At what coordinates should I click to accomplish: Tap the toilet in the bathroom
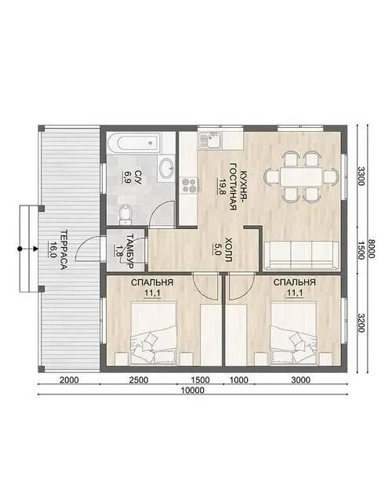tap(125, 214)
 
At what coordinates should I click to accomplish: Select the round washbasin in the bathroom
tap(167, 168)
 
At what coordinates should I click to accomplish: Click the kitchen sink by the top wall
tap(210, 141)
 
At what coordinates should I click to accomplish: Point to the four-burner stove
tap(189, 186)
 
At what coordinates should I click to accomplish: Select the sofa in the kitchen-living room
tap(301, 255)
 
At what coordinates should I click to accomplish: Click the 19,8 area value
tap(222, 187)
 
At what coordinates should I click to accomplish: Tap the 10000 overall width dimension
tap(192, 391)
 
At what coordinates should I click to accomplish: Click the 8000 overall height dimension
tap(372, 249)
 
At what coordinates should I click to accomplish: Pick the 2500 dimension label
tap(138, 380)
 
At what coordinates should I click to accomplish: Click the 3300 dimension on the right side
tap(361, 176)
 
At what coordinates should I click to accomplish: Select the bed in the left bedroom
tap(154, 333)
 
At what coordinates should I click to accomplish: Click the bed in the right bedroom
tap(293, 333)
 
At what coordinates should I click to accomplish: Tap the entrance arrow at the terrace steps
tap(28, 249)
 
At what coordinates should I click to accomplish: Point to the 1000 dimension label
tap(239, 380)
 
